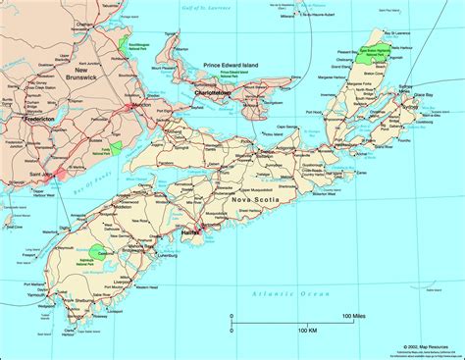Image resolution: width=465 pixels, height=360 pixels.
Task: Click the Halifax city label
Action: point(191,231)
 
